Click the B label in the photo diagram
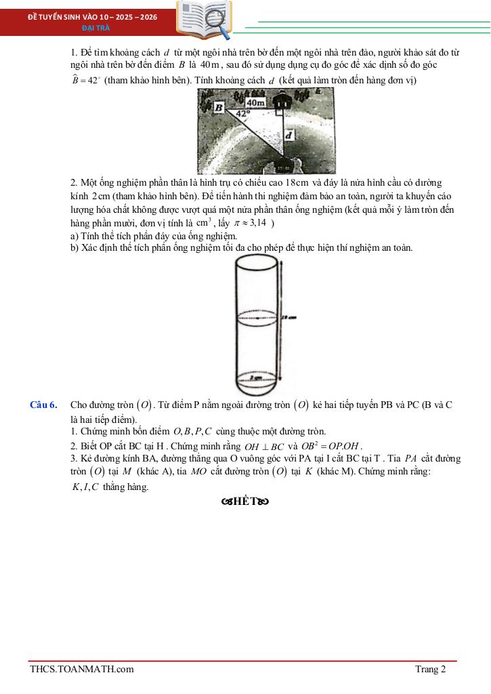[x=219, y=107]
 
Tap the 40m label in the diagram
[x=256, y=102]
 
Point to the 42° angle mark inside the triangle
[x=242, y=114]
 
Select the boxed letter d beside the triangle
[x=289, y=136]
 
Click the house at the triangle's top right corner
[x=281, y=100]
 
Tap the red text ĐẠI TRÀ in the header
[x=92, y=28]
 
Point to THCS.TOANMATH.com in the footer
[x=82, y=670]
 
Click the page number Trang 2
[x=431, y=670]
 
